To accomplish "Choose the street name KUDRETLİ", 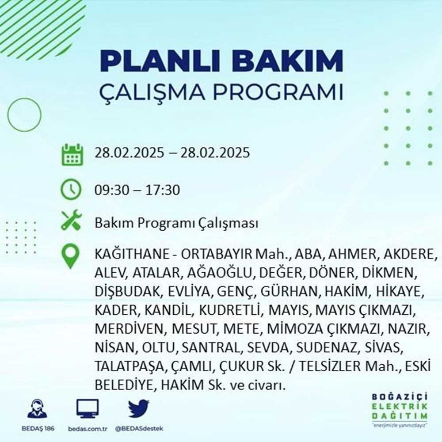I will (229, 309).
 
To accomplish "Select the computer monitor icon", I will (88, 409).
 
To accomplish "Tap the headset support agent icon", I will (38, 409).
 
